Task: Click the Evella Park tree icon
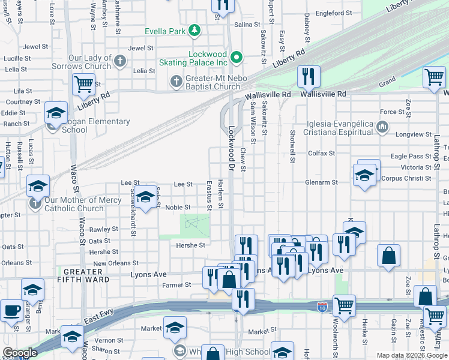tap(194, 30)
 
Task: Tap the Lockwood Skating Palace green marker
tap(237, 58)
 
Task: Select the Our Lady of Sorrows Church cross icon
tap(120, 61)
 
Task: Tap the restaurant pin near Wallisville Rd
tap(309, 76)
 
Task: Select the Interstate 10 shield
tap(322, 306)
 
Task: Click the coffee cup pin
tap(11, 311)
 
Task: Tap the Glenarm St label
tap(322, 182)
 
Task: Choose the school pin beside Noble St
tap(145, 198)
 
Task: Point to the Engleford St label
tap(334, 13)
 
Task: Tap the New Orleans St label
tap(116, 263)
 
